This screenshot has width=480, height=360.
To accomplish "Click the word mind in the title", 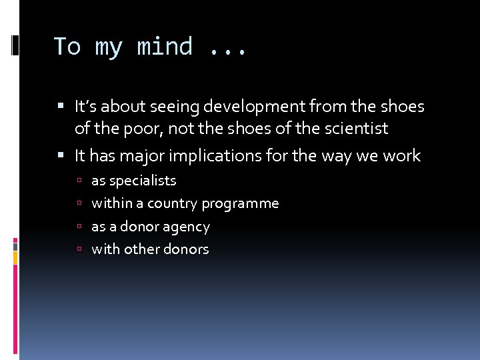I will pyautogui.click(x=165, y=47).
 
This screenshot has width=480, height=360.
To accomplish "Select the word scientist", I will pyautogui.click(x=354, y=129).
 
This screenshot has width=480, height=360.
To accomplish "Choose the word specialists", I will pyautogui.click(x=143, y=181).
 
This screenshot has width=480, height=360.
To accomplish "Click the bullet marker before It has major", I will pyautogui.click(x=61, y=156).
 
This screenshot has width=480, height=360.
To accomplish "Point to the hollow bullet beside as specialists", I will pyautogui.click(x=79, y=181).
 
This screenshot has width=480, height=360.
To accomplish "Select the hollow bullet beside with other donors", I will pyautogui.click(x=79, y=249).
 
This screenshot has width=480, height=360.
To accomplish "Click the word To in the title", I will pyautogui.click(x=67, y=47).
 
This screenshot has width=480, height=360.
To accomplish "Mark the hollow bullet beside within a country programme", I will pyautogui.click(x=79, y=203).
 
